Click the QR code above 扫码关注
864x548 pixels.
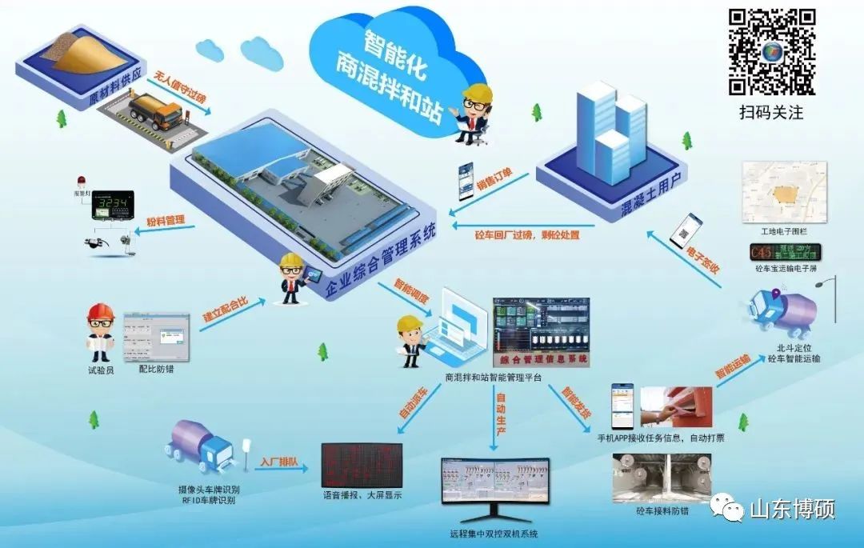tap(771, 51)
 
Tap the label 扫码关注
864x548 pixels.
tap(770, 113)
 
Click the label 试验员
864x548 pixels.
tap(101, 370)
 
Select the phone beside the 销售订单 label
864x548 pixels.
tap(466, 182)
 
